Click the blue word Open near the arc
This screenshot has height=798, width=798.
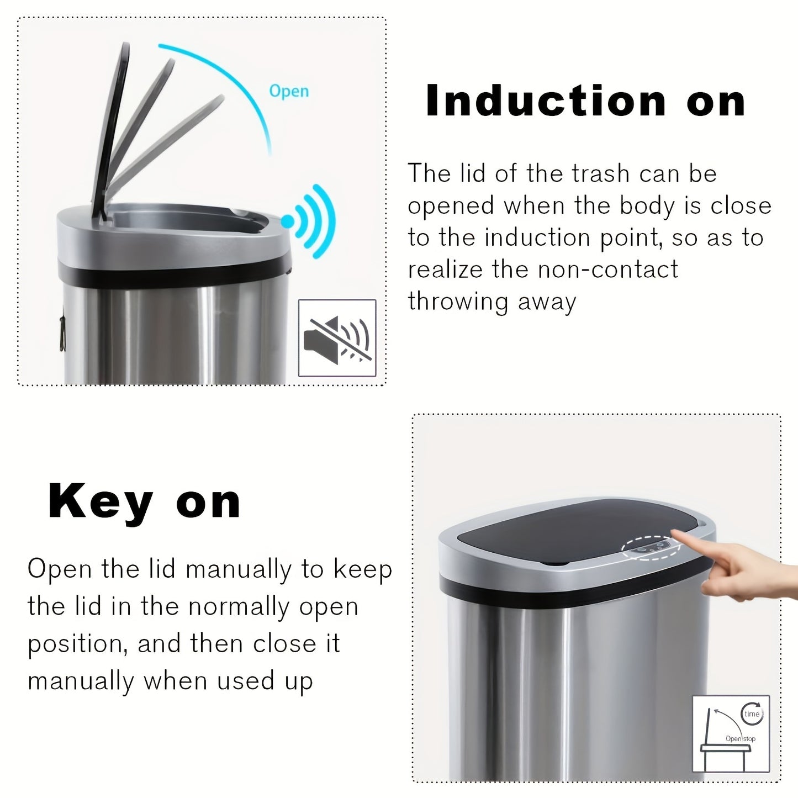point(288,91)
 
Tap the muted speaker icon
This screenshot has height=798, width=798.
point(337,338)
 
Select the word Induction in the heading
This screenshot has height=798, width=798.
point(546,102)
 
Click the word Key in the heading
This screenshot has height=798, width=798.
point(100,501)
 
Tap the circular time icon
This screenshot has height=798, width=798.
point(752,714)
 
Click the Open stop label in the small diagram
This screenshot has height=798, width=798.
point(740,738)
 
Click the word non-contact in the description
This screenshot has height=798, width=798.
point(607,270)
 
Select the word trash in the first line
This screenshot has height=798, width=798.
point(601,174)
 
